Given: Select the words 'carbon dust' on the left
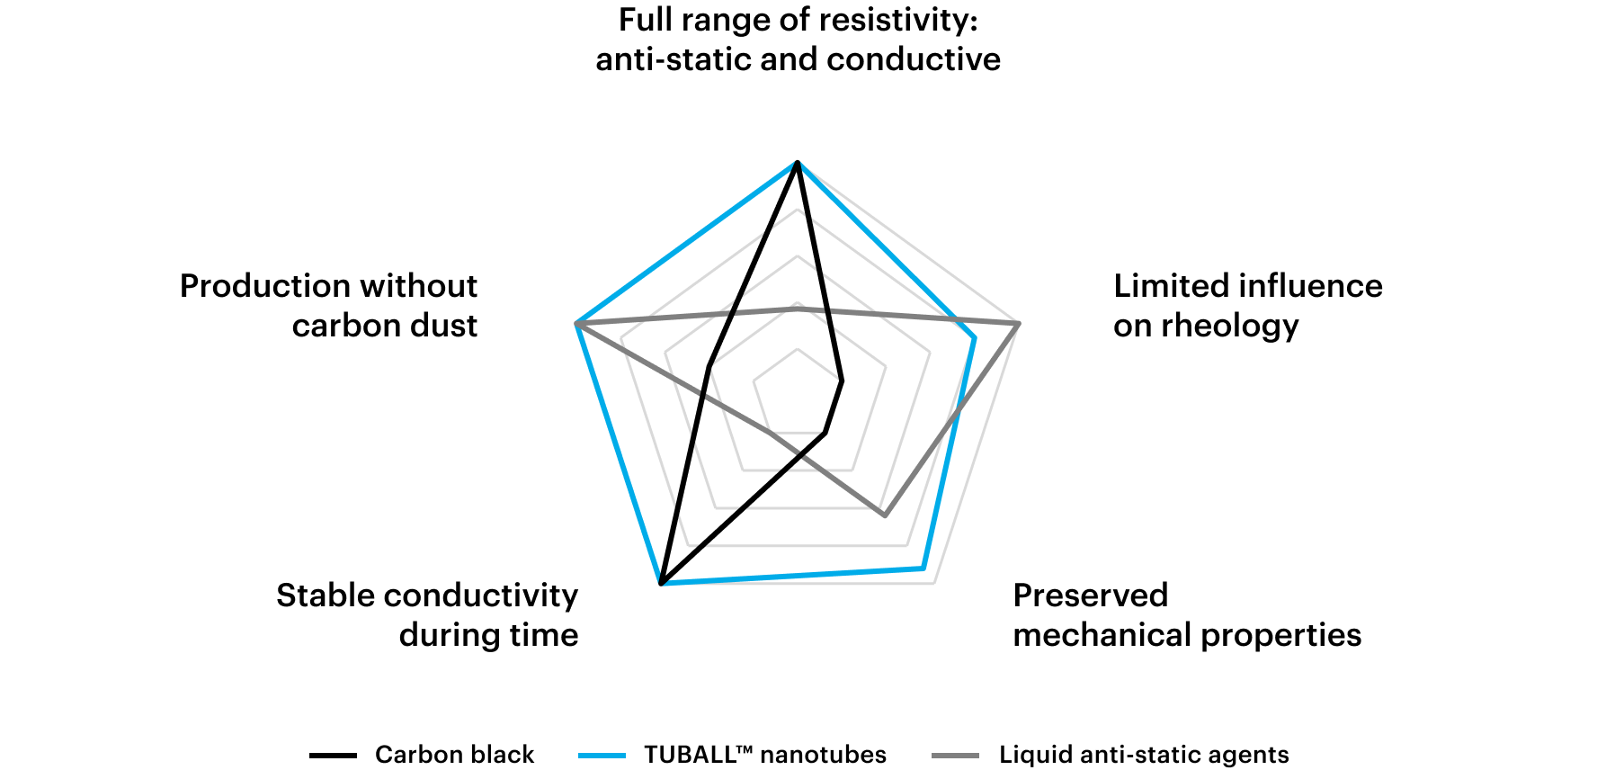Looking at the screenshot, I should point(384,326).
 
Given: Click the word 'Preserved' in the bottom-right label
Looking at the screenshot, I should point(1090,595).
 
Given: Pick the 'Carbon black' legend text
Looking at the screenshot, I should point(454,754).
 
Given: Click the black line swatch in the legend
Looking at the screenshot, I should point(333,756).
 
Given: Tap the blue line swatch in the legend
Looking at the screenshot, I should point(602,756).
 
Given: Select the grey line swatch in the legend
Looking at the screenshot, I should point(955,756).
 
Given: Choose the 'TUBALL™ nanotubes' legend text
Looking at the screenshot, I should point(764,754).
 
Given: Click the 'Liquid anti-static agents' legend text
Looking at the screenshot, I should point(1144,754).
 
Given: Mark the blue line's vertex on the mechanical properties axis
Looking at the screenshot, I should point(923,568).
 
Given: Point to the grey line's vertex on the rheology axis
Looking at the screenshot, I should point(1018,323).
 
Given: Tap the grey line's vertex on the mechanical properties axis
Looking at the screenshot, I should point(885,515).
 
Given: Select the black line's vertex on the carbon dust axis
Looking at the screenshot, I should point(709,367).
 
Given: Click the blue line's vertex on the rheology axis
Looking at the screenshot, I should point(974,337).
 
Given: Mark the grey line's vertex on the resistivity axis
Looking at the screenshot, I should point(797,308).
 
